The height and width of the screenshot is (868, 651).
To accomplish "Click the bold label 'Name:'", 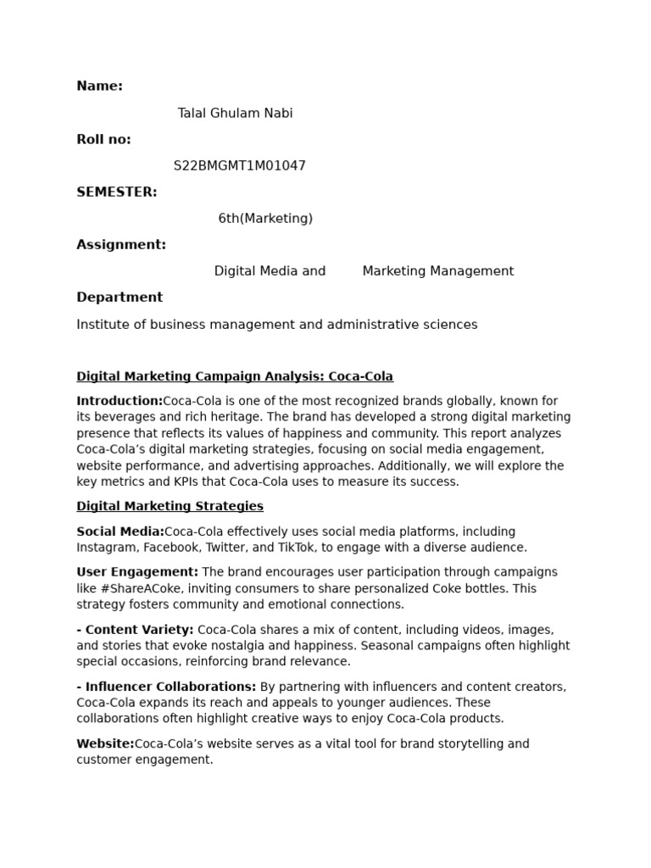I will [99, 86].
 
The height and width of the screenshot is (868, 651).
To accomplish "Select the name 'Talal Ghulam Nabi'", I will [235, 113].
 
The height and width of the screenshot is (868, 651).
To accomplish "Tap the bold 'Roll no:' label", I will [103, 139].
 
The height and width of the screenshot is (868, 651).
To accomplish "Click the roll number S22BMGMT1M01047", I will [239, 166].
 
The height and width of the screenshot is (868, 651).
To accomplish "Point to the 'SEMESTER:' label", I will [116, 192].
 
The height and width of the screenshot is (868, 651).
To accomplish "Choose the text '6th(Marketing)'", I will [265, 219].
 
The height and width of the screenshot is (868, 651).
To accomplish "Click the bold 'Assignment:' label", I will [121, 245].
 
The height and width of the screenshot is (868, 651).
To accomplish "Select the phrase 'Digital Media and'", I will [270, 271].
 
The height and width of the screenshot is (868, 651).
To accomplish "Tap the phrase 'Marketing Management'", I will [437, 271].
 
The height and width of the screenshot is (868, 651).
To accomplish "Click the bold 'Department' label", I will [120, 298].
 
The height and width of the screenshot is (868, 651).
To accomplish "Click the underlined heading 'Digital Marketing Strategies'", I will [170, 506].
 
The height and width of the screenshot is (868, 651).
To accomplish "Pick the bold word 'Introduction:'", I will [120, 401].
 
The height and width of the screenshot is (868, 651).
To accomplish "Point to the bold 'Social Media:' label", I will [120, 531].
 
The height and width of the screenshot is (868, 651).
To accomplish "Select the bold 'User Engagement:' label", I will [137, 572].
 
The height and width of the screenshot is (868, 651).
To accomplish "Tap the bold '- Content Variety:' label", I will [135, 630].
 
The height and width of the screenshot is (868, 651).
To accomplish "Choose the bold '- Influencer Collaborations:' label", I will [166, 687].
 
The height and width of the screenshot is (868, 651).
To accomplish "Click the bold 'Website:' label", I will [105, 744].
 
